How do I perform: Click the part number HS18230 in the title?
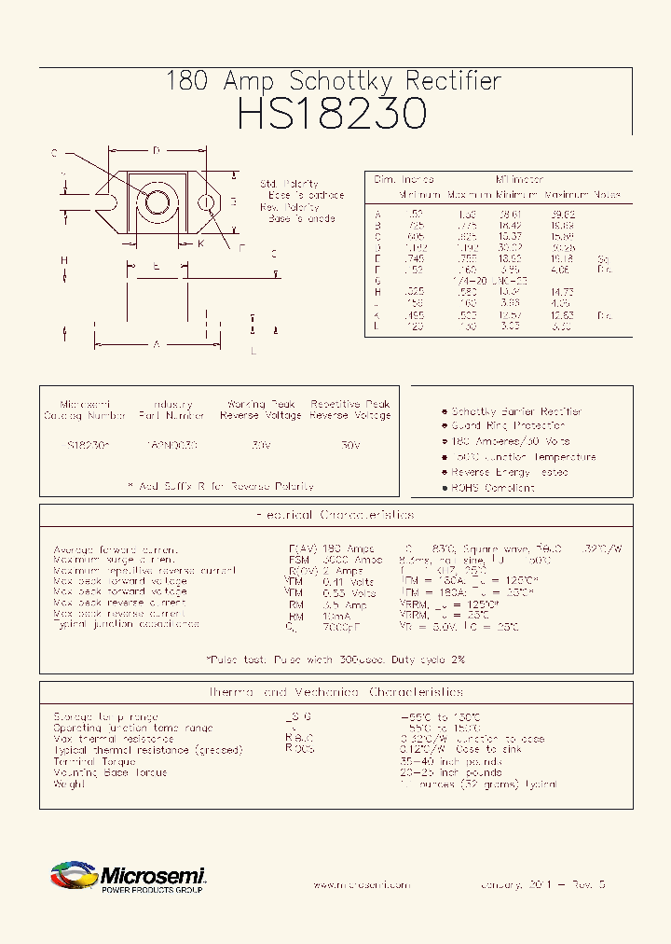[x=332, y=114]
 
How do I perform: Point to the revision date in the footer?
[x=542, y=883]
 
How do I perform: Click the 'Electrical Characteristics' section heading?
[x=335, y=515]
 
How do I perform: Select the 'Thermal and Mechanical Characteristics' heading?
[x=335, y=692]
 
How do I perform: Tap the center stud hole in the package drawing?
[x=157, y=201]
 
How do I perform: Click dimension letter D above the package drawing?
[x=157, y=150]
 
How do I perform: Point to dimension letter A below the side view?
[x=157, y=345]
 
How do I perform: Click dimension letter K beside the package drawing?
[x=200, y=243]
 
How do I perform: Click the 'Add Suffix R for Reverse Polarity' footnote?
[x=220, y=486]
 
